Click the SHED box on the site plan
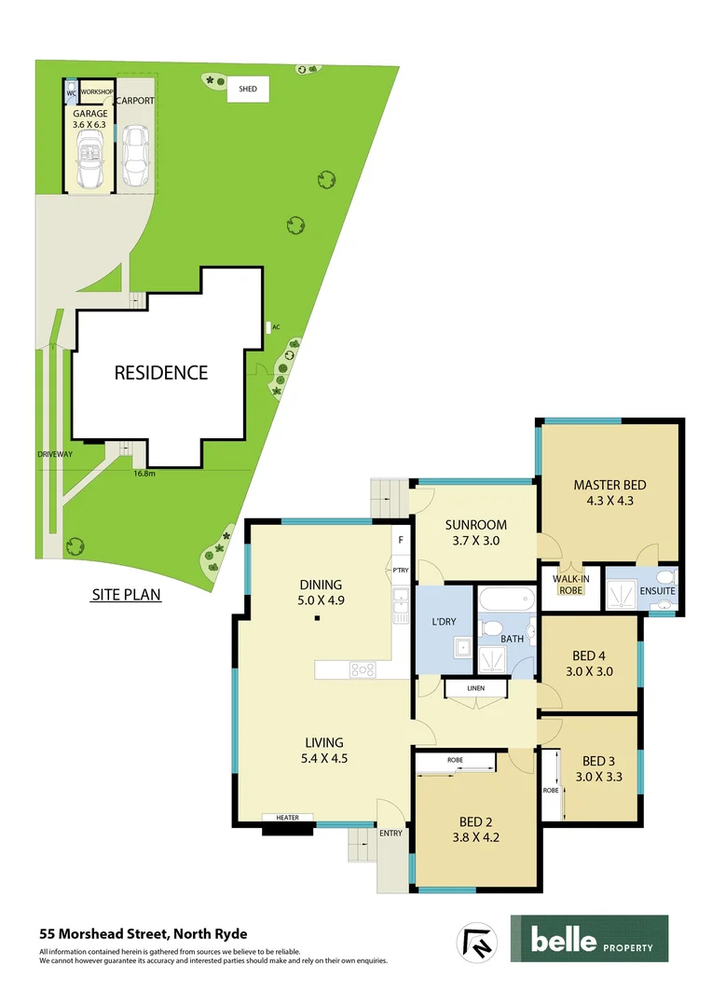click(248, 90)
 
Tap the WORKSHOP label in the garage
click(97, 93)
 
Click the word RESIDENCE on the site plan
click(161, 373)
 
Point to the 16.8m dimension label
click(144, 474)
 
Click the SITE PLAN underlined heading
click(126, 595)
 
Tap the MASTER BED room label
click(609, 485)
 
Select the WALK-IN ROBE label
click(571, 584)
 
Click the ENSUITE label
click(657, 591)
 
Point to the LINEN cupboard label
click(476, 689)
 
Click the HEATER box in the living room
click(287, 818)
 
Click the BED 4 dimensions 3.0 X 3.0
click(589, 669)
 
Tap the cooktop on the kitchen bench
click(362, 669)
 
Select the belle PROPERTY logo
click(589, 939)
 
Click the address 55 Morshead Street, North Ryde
click(143, 933)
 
